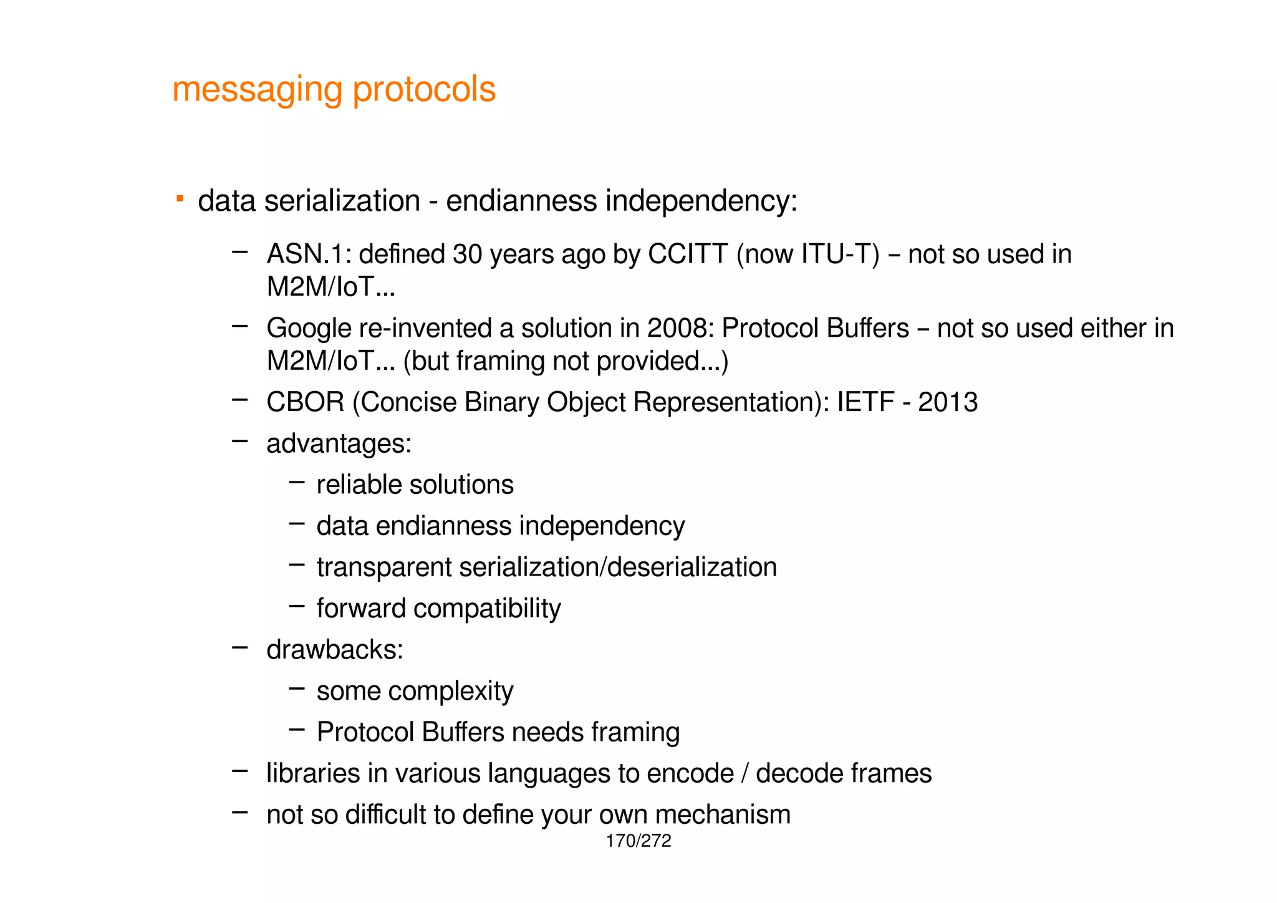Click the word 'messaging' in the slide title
[256, 90]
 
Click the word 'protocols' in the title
[424, 90]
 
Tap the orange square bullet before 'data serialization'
[180, 199]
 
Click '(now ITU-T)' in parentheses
[807, 254]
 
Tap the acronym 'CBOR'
[305, 402]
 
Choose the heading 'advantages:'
[339, 444]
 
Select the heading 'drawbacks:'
[335, 650]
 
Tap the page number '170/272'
[638, 841]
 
